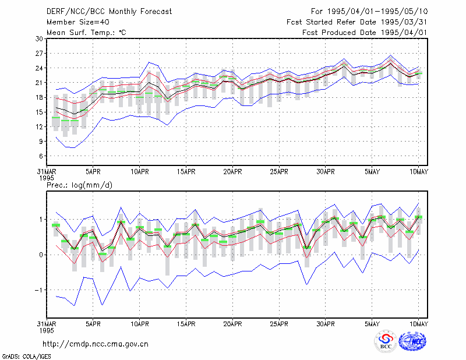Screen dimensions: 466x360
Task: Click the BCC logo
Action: (x=386, y=341)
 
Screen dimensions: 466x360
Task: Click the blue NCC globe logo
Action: (x=412, y=341)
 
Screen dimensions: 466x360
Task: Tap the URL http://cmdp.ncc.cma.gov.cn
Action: (x=96, y=344)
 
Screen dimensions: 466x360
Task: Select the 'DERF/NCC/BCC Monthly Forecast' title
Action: (x=109, y=12)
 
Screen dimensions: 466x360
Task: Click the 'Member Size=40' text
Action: (x=78, y=22)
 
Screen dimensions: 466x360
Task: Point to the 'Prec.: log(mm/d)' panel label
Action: (x=79, y=185)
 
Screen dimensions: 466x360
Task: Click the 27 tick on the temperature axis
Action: (x=39, y=54)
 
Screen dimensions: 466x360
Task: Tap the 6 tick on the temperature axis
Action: (x=41, y=156)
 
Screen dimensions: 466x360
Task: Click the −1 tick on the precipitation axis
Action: (x=38, y=290)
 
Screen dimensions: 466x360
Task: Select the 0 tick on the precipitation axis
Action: (x=41, y=255)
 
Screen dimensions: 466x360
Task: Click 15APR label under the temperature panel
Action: (x=186, y=172)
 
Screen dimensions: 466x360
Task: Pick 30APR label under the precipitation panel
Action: (x=326, y=324)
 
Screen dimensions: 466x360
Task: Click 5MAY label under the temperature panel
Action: (x=372, y=172)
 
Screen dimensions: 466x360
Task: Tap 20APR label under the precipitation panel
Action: (x=232, y=324)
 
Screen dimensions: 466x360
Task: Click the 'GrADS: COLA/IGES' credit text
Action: (x=26, y=357)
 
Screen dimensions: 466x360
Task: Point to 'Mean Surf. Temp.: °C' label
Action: (x=86, y=33)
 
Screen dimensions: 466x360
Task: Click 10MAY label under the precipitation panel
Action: (x=418, y=324)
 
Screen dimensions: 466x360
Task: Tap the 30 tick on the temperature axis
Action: (x=39, y=39)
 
